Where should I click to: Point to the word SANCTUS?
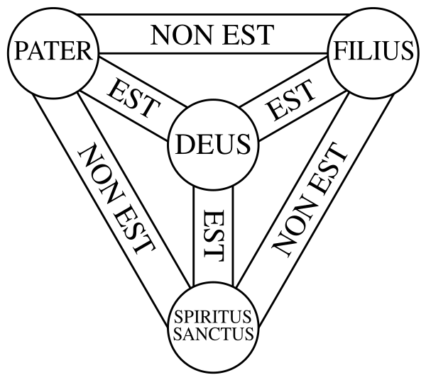[211, 333]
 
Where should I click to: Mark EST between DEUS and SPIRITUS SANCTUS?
[211, 234]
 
